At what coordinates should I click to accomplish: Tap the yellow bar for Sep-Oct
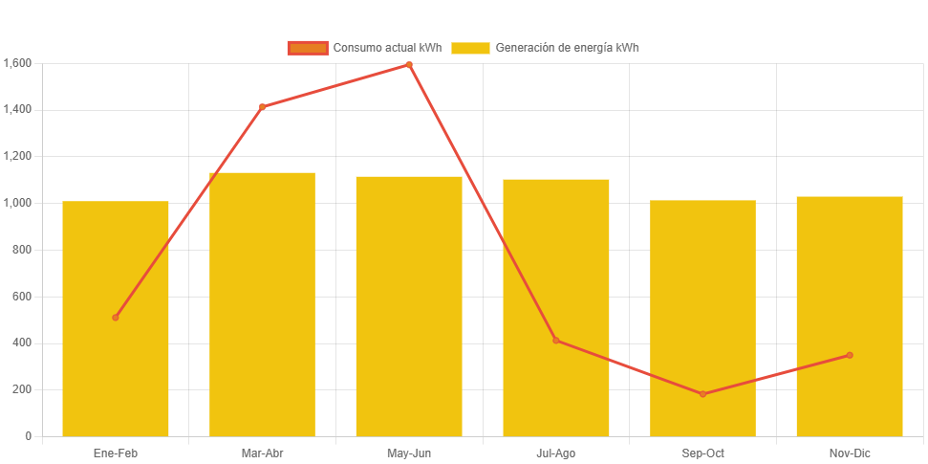tap(702, 287)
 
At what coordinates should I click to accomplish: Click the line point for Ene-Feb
tap(116, 318)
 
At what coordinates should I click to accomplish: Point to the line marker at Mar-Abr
tap(262, 106)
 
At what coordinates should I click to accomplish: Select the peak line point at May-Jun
tap(409, 65)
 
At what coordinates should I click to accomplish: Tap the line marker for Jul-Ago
tap(556, 341)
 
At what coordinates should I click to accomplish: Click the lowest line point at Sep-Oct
tap(702, 394)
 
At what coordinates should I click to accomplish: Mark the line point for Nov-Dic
tap(850, 355)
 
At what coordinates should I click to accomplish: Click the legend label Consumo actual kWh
tap(386, 48)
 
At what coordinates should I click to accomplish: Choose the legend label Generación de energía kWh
tap(567, 48)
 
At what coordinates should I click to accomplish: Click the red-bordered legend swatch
tap(307, 48)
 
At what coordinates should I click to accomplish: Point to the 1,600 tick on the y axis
tap(18, 63)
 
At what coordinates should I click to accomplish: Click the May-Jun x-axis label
tap(409, 453)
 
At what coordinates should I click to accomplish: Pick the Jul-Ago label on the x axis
tap(556, 453)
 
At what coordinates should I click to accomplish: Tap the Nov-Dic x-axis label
tap(850, 453)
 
